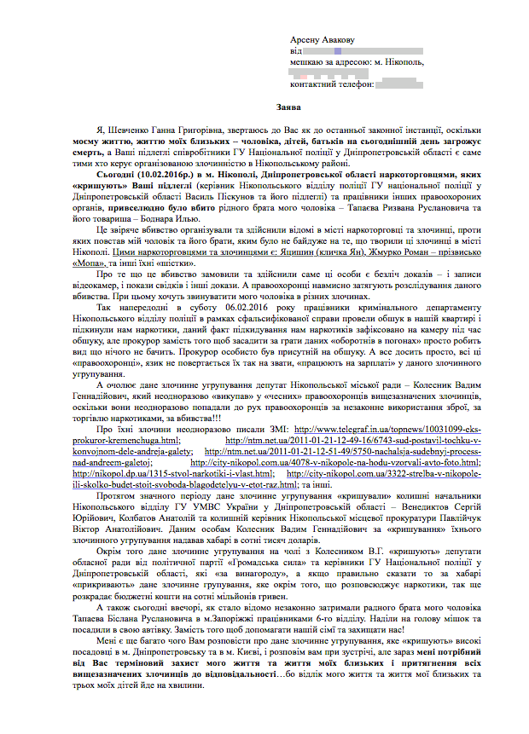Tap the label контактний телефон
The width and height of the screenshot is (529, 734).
[331, 84]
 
